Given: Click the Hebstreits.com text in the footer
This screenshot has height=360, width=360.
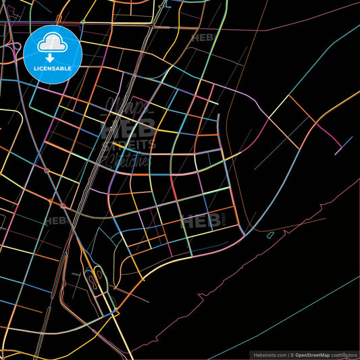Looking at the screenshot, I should (269, 355).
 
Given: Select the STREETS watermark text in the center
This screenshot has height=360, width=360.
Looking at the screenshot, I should (128, 144).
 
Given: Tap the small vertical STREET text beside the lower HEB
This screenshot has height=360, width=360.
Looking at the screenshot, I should (224, 220).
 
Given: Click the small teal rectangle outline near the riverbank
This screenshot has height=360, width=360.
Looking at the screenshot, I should (270, 235).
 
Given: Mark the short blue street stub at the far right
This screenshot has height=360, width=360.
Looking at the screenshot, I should (344, 143).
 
